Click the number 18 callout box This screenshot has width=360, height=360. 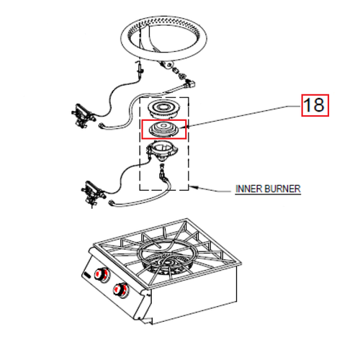[314, 105]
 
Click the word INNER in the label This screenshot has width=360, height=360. [247, 189]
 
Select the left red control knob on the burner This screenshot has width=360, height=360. [102, 276]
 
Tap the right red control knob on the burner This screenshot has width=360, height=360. [122, 290]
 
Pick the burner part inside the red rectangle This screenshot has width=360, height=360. [164, 129]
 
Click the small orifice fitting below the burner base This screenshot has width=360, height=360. [163, 173]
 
